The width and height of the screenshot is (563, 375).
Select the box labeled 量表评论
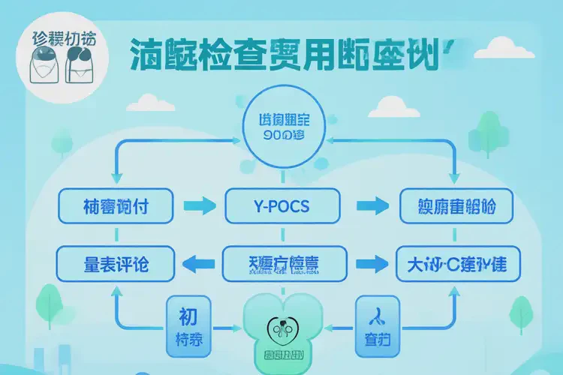(116, 262)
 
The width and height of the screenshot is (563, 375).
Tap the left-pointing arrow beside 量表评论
(198, 262)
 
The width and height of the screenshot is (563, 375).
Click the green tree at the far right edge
(520, 312)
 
